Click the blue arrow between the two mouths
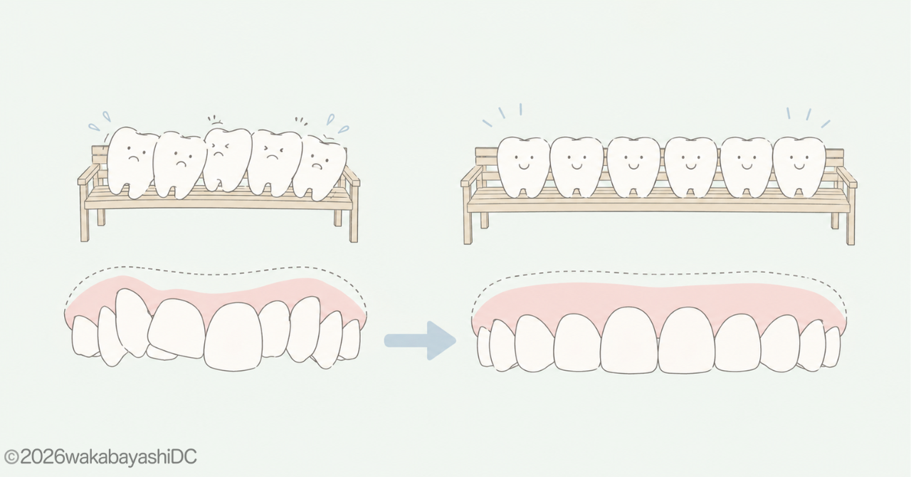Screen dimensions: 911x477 tap(421, 340)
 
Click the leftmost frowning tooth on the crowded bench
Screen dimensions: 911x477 tap(132, 162)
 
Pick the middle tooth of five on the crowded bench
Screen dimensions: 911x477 tap(226, 159)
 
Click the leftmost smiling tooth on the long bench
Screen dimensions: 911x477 tap(523, 167)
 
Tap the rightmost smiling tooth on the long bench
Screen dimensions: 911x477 tap(799, 167)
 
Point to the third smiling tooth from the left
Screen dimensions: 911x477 tap(633, 167)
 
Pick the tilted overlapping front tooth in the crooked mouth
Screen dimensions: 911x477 tap(177, 328)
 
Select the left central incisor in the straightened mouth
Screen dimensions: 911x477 tap(629, 340)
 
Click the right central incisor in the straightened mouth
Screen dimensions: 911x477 tap(687, 340)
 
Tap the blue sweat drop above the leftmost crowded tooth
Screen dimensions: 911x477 tap(107, 116)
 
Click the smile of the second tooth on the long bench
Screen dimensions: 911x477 tap(576, 166)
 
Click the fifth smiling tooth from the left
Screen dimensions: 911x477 tap(747, 167)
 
